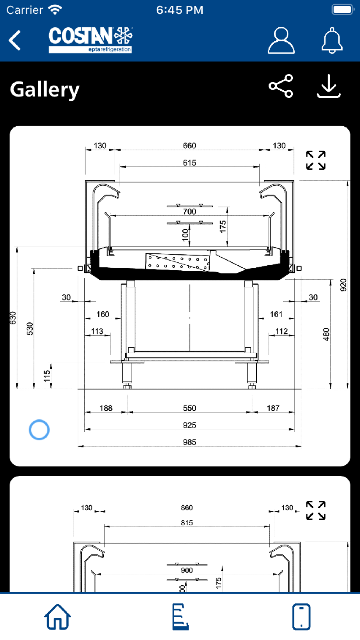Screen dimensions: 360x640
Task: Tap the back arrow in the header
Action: coord(15,40)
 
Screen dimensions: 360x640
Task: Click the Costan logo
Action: coord(90,40)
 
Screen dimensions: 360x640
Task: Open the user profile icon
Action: coord(281,40)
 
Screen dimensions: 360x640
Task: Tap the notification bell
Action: coord(332,40)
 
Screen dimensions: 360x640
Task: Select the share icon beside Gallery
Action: coord(281,86)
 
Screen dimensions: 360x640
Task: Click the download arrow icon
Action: coord(329,86)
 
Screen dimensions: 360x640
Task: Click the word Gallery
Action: coord(45,90)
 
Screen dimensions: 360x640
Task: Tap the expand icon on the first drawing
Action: coord(316,160)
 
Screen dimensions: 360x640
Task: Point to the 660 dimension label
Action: coord(190,145)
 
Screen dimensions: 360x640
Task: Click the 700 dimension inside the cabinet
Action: coord(190,211)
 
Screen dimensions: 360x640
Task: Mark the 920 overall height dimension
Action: coord(343,285)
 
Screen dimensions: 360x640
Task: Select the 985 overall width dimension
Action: coord(190,442)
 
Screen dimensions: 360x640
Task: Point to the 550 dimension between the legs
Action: coord(190,408)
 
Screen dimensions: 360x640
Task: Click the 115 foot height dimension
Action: coord(47,376)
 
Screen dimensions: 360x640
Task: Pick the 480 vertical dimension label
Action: coord(326,334)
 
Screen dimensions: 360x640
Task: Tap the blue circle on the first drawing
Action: coord(39,430)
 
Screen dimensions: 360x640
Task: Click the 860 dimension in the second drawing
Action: coord(187,508)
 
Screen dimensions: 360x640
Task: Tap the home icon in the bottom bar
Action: coord(58,617)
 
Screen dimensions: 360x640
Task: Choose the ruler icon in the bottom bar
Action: coord(180,617)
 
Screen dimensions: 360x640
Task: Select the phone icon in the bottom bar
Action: coord(301,617)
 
